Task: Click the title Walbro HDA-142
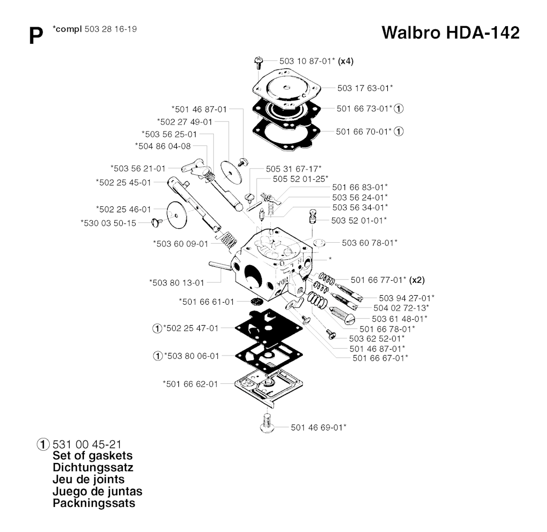[x=450, y=33]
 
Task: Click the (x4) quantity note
[x=346, y=61]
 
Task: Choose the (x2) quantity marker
[x=417, y=279]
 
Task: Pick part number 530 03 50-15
[x=108, y=223]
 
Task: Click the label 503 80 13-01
[x=176, y=282]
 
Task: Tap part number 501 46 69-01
[x=318, y=427]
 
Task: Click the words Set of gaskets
[x=93, y=456]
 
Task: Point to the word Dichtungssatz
[x=93, y=468]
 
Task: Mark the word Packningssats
[x=94, y=503]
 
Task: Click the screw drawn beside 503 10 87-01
[x=256, y=62]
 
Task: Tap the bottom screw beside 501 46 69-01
[x=268, y=423]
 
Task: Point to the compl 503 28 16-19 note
[x=95, y=29]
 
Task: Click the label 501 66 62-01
[x=190, y=383]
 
